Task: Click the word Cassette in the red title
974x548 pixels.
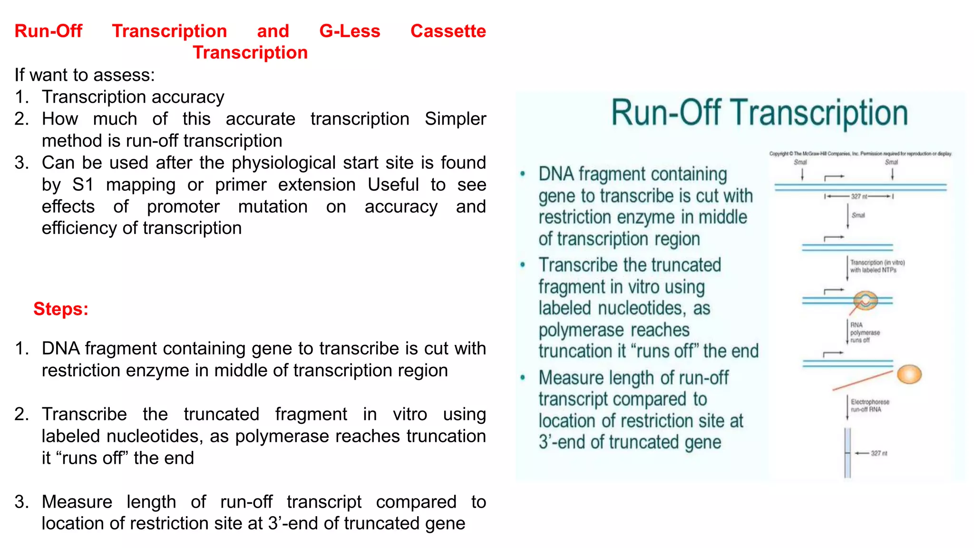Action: tap(448, 31)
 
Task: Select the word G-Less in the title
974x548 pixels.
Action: tap(350, 31)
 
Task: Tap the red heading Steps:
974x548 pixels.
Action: tap(61, 309)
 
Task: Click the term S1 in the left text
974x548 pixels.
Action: tap(83, 185)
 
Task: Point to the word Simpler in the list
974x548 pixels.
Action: tap(455, 119)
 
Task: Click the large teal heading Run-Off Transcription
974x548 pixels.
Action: tap(760, 113)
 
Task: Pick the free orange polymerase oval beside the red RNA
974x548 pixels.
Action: tap(909, 374)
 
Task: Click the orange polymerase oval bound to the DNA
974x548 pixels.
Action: tap(865, 300)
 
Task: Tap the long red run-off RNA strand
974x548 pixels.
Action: tap(862, 381)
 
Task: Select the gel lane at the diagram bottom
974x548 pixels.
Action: tap(847, 452)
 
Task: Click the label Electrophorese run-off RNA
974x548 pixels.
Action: tap(869, 406)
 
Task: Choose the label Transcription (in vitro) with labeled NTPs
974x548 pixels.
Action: tap(877, 266)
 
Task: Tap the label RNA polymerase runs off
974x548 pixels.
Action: tap(865, 333)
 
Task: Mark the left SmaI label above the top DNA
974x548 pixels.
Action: tap(800, 162)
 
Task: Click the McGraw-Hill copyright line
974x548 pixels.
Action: tap(860, 154)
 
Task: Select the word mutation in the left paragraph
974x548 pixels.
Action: tap(273, 206)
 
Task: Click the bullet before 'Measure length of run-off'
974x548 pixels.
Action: tap(523, 378)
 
